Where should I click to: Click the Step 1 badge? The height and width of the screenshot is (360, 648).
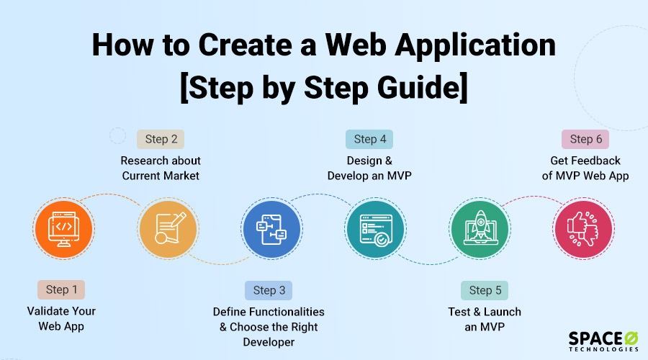(x=61, y=289)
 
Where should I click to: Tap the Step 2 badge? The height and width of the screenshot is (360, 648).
(x=161, y=139)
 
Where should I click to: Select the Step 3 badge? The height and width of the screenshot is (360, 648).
(x=269, y=290)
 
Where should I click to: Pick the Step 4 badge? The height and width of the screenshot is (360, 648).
(x=369, y=139)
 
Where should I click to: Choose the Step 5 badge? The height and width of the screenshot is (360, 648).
(x=485, y=290)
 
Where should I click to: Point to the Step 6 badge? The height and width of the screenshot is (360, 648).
(x=585, y=139)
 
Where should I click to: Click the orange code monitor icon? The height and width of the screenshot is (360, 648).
(x=63, y=230)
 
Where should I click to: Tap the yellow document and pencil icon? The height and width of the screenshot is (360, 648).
(x=168, y=230)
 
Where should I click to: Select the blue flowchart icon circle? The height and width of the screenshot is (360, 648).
(x=271, y=230)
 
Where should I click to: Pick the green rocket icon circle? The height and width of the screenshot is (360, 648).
(x=480, y=230)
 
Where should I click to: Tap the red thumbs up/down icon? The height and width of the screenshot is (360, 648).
(x=583, y=230)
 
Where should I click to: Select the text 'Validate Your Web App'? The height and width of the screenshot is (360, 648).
(x=61, y=318)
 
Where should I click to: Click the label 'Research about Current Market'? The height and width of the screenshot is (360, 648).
(x=161, y=168)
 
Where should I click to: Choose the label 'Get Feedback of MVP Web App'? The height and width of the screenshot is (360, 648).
(x=585, y=168)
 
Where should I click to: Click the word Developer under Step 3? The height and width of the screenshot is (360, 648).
(x=268, y=342)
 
